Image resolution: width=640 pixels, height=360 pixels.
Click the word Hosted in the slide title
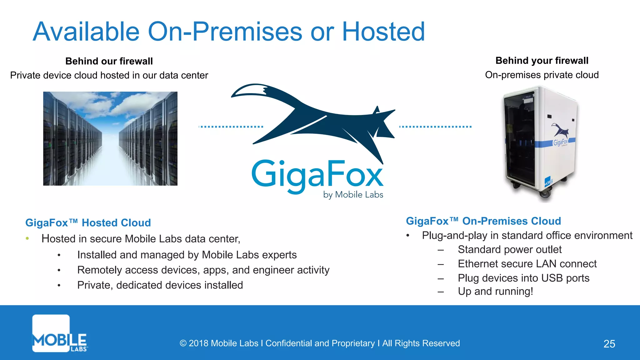pyautogui.click(x=383, y=32)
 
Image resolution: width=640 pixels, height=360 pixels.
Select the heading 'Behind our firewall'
pyautogui.click(x=109, y=61)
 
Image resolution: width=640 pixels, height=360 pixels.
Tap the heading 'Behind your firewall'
pyautogui.click(x=542, y=61)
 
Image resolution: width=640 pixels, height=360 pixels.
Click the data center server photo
pyautogui.click(x=110, y=138)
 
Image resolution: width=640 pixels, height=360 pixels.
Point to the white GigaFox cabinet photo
pyautogui.click(x=540, y=144)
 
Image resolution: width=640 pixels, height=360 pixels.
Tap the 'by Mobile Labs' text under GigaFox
pyautogui.click(x=353, y=195)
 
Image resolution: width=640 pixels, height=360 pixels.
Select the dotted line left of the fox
pyautogui.click(x=231, y=127)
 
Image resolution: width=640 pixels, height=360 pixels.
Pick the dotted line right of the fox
pyautogui.click(x=435, y=127)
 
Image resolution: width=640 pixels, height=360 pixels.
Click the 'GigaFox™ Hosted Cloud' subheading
pyautogui.click(x=88, y=223)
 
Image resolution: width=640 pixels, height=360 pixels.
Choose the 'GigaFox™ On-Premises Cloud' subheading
pyautogui.click(x=483, y=221)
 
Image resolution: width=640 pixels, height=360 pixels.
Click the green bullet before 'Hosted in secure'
pyautogui.click(x=27, y=239)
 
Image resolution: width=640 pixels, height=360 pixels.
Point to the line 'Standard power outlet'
pyautogui.click(x=509, y=249)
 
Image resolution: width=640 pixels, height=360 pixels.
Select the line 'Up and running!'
pyautogui.click(x=495, y=291)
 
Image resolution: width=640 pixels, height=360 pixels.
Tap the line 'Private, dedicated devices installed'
pyautogui.click(x=160, y=285)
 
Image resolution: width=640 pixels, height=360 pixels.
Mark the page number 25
pyautogui.click(x=609, y=344)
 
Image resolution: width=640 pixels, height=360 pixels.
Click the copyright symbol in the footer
pyautogui.click(x=183, y=343)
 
